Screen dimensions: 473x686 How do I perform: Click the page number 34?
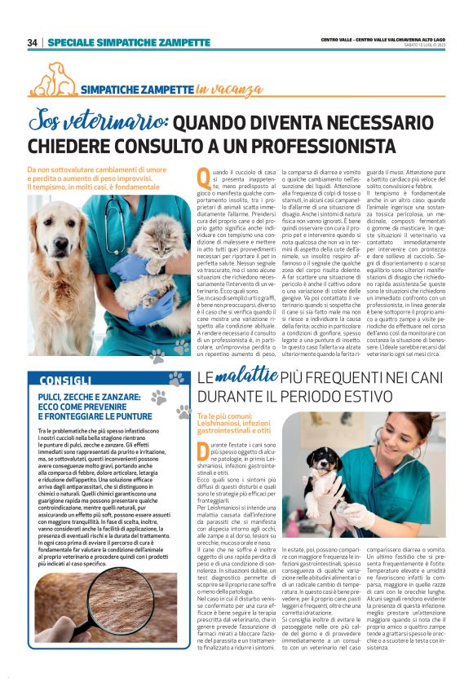[32, 42]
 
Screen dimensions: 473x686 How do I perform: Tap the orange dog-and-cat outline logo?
[53, 79]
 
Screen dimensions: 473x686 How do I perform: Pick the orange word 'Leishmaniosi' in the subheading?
[220, 424]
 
